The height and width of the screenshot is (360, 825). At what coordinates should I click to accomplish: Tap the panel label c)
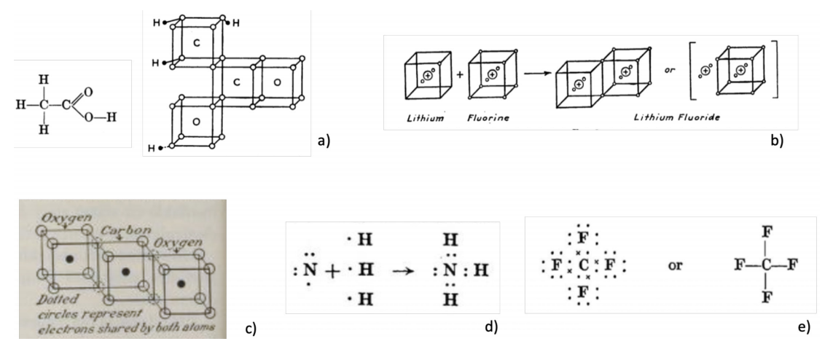pos(252,328)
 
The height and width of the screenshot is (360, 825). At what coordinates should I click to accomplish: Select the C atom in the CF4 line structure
pos(766,265)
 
